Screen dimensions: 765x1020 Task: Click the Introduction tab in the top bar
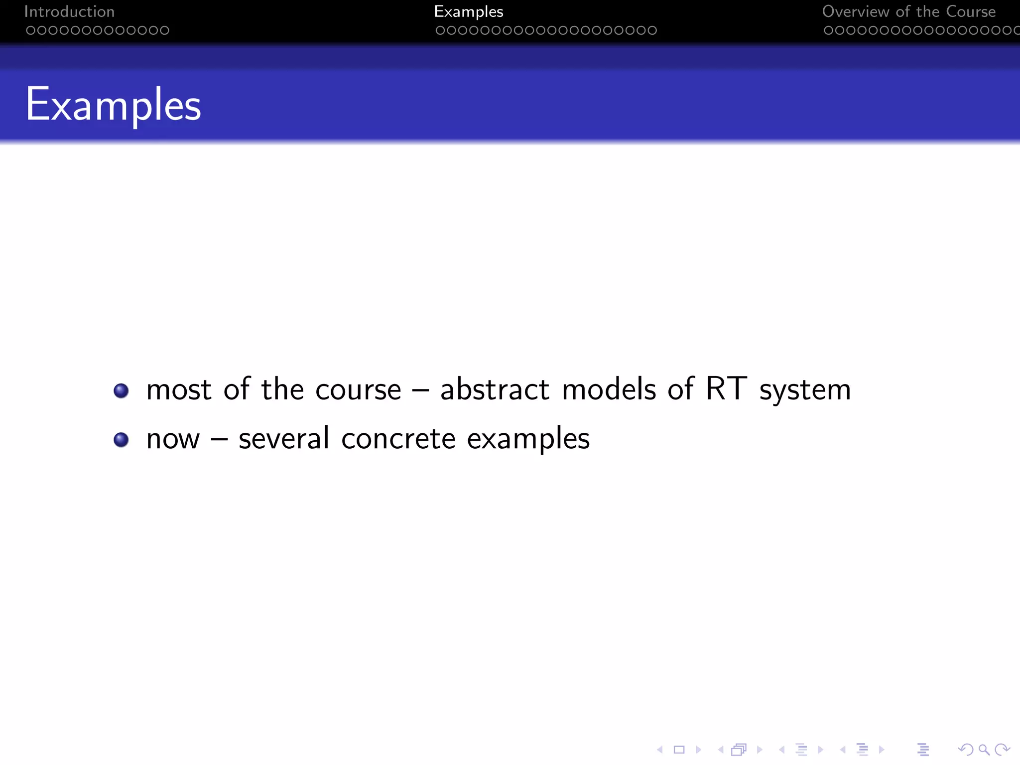tap(69, 11)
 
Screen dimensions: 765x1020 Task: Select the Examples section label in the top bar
tap(468, 11)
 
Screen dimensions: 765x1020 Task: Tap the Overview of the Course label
tap(908, 11)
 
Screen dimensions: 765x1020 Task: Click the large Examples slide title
tap(114, 105)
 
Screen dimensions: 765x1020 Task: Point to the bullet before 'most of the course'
tap(121, 390)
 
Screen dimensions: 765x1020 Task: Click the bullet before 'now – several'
tap(121, 440)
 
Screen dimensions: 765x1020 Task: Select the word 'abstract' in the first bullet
tap(495, 389)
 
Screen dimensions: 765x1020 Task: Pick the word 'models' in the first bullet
tap(609, 389)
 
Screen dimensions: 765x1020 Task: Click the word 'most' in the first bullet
tap(179, 390)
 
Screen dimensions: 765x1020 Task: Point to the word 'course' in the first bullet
tap(358, 390)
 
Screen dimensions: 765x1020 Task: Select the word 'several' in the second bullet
tap(284, 438)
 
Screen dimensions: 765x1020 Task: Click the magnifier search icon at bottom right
tap(984, 750)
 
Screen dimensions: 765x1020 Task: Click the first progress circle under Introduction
tap(30, 30)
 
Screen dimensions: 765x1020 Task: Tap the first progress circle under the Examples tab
tap(440, 30)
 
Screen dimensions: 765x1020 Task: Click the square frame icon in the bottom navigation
tap(679, 750)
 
